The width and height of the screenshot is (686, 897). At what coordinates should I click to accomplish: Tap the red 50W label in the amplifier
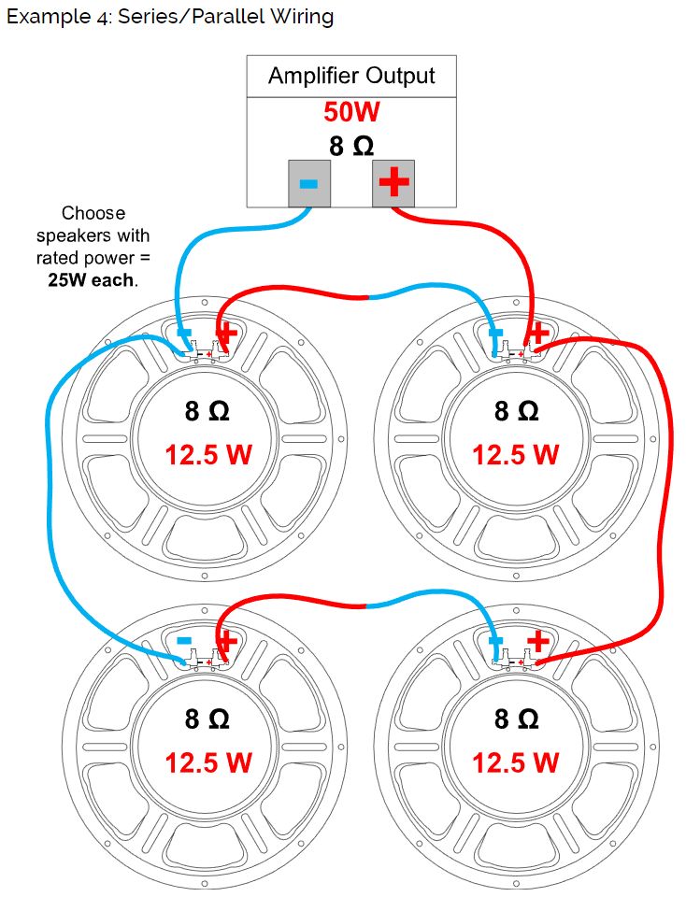tap(351, 112)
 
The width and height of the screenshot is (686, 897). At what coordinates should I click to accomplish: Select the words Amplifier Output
tap(351, 76)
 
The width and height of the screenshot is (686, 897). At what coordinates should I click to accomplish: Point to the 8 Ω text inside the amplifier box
tap(351, 146)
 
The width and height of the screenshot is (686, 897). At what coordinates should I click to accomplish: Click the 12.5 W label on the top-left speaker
tap(208, 455)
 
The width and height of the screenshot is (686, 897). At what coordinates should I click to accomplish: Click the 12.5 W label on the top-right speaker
tap(515, 455)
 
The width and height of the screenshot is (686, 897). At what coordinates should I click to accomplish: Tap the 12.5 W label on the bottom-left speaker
tap(208, 762)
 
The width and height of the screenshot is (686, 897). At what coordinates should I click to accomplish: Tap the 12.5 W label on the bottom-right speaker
tap(515, 762)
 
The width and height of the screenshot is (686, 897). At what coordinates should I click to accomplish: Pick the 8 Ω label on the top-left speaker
tap(207, 411)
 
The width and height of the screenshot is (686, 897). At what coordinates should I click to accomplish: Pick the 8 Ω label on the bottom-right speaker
tap(515, 719)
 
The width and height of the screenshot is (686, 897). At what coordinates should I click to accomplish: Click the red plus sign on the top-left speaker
tap(227, 334)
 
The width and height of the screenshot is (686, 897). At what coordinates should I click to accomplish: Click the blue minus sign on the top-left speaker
tap(184, 334)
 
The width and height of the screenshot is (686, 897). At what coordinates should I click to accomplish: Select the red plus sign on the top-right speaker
tap(537, 333)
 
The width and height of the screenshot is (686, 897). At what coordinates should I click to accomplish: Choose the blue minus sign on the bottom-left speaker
tap(184, 641)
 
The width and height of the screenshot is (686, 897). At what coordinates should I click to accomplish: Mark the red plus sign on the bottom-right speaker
tap(537, 641)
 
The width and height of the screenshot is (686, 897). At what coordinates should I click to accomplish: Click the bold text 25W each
tap(91, 279)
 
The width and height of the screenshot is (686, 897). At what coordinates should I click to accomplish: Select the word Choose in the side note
tap(93, 213)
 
